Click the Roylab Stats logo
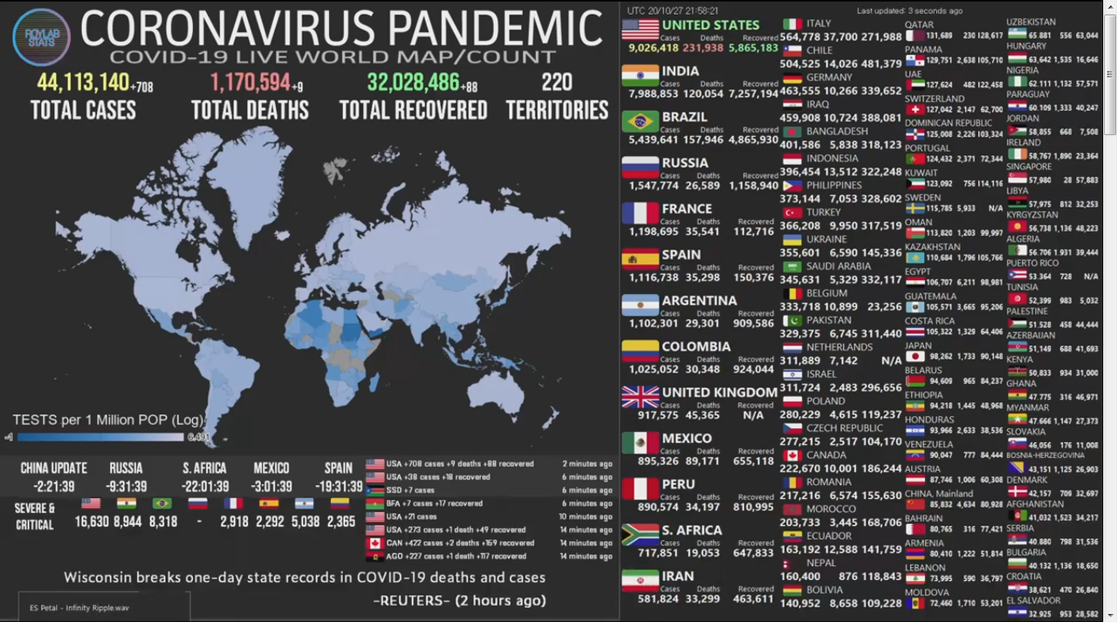tap(41, 37)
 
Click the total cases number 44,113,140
tap(83, 83)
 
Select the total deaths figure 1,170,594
tap(250, 83)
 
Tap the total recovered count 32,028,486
tap(413, 83)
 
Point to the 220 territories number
tap(557, 83)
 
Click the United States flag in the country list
tap(640, 30)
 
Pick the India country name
tap(680, 71)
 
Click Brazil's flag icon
tap(640, 121)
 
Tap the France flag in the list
tap(640, 214)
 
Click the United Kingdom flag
tap(640, 397)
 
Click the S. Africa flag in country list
tap(640, 535)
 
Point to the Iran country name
tap(677, 576)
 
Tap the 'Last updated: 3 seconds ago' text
tap(909, 10)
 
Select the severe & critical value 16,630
tap(92, 522)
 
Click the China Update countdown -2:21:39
tap(53, 487)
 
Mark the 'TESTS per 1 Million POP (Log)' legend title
tap(108, 420)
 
